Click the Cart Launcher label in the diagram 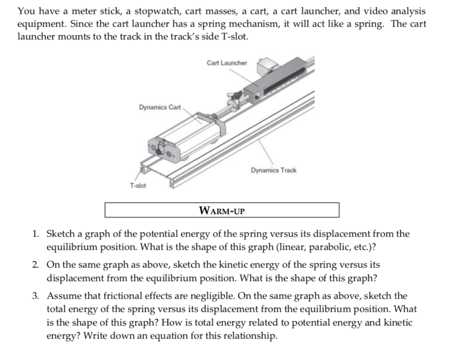point(227,63)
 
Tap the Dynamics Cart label point(160,107)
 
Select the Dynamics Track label point(273,170)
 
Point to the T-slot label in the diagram point(138,185)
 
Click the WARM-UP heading point(222,210)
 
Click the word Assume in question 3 point(63,296)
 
